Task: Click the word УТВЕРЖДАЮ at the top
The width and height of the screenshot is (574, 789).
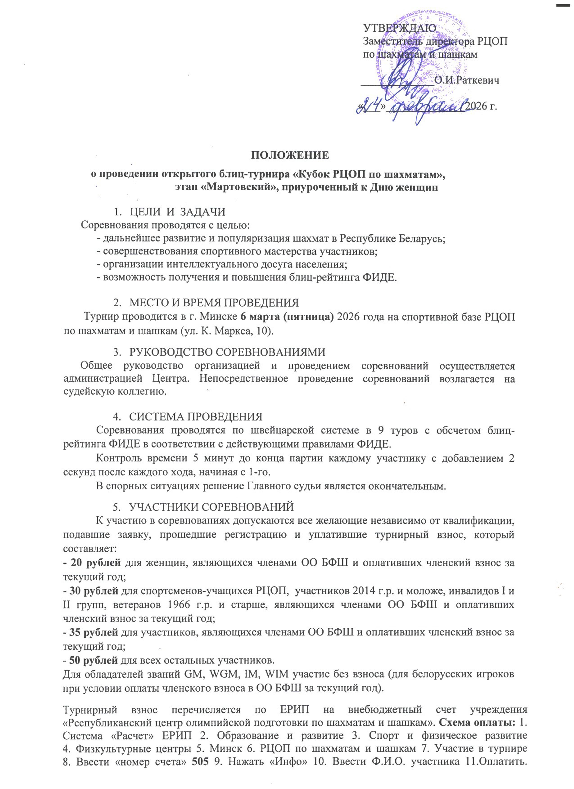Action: click(399, 28)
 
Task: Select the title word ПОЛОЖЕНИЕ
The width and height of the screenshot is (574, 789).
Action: click(290, 155)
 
